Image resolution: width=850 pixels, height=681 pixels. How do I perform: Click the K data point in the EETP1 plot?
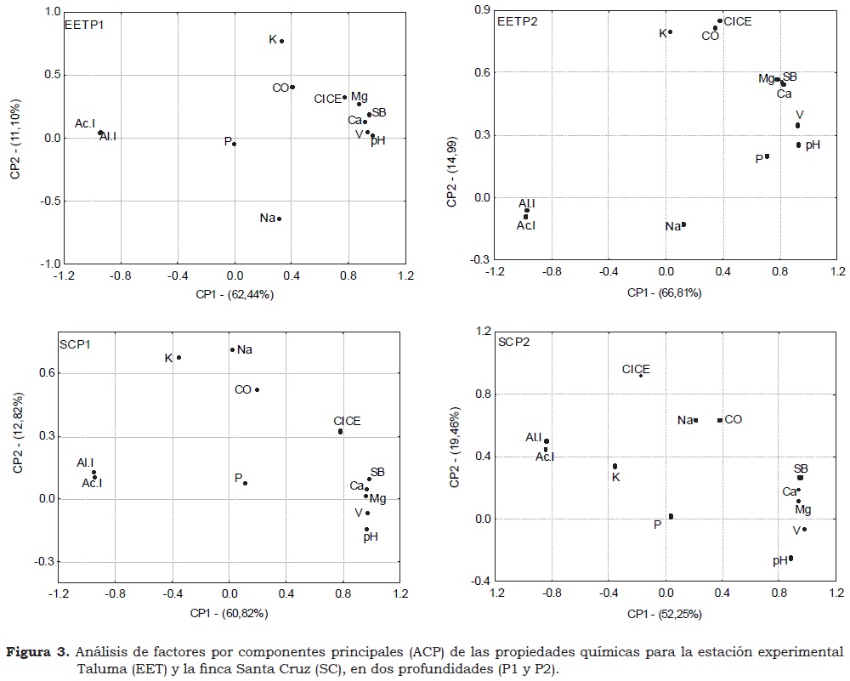[281, 41]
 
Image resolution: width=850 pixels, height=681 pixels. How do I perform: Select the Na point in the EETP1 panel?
[280, 218]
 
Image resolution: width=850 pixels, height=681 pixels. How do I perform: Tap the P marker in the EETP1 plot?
[235, 144]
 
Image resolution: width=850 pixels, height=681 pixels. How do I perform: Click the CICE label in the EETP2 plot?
[738, 21]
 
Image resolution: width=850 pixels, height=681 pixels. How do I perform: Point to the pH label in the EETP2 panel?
[813, 145]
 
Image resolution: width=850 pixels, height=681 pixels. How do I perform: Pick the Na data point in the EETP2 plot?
[683, 225]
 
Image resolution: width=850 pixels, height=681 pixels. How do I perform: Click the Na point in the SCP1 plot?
[232, 349]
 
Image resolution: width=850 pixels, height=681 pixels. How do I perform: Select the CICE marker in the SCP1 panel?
[340, 431]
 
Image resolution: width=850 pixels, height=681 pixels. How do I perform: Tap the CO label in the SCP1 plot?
[243, 390]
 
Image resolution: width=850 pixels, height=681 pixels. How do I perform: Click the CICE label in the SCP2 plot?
[636, 369]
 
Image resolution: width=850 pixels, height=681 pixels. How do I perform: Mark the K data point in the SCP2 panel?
[615, 466]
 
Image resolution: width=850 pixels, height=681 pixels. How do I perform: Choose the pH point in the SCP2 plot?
[790, 559]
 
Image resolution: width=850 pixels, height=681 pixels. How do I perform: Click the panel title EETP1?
[84, 25]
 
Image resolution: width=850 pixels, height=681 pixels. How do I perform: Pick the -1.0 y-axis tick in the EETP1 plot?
[41, 264]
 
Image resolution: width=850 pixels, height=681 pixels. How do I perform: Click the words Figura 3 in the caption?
[37, 652]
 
